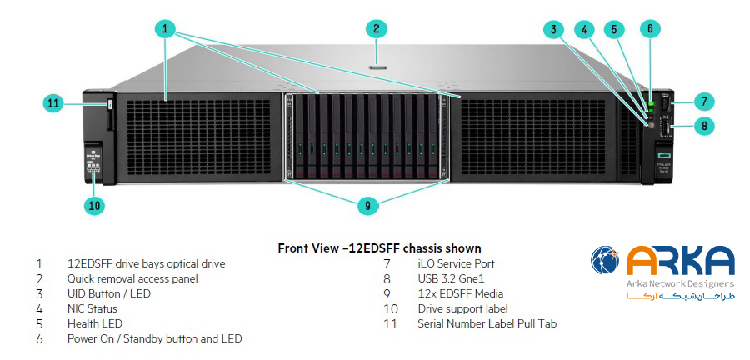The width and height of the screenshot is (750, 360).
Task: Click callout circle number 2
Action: tap(377, 28)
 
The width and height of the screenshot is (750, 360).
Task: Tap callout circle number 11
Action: tap(53, 103)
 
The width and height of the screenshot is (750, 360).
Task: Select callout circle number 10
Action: tap(94, 204)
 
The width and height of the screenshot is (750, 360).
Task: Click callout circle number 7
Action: tap(703, 102)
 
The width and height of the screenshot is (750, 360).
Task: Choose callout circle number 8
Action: tap(703, 127)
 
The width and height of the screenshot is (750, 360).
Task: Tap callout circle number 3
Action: tap(552, 29)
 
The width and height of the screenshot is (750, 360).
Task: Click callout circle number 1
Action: tap(166, 28)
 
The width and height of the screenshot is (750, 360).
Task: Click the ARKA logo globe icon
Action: tap(606, 260)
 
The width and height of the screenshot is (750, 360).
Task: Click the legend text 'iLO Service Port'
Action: tap(457, 263)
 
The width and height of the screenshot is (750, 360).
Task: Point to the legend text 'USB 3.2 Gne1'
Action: tap(451, 278)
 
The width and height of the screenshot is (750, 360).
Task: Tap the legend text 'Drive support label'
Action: tap(462, 308)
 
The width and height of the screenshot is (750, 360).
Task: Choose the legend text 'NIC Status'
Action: tap(92, 308)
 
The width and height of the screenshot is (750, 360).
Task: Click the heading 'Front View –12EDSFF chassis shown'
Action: tap(379, 248)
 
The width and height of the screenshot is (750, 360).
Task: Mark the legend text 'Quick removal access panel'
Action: tap(132, 278)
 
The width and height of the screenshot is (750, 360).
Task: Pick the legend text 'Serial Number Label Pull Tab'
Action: tap(487, 323)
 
